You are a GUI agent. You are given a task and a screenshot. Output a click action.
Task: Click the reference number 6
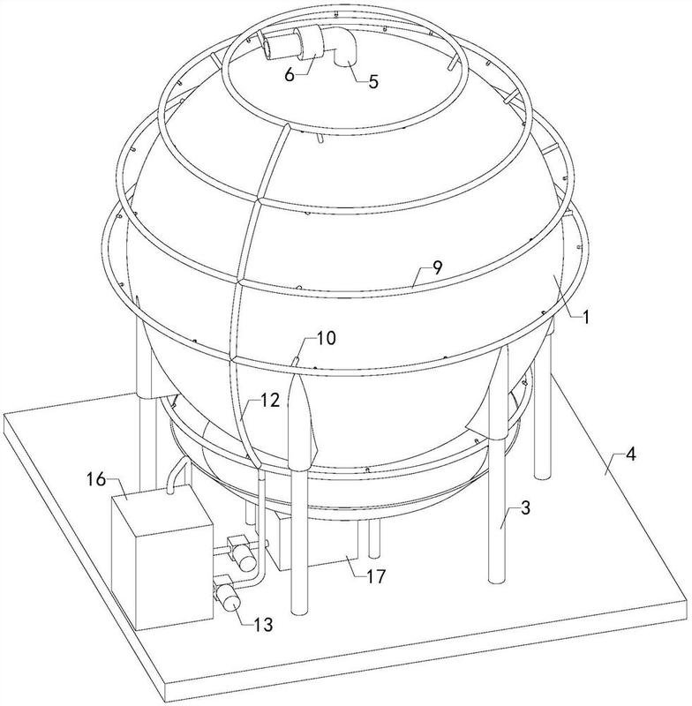290,74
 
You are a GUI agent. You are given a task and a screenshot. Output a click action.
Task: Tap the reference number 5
373,81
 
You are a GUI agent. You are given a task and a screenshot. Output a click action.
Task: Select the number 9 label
437,267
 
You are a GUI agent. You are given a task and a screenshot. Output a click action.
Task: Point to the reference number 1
585,317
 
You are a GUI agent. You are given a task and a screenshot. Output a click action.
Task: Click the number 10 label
325,338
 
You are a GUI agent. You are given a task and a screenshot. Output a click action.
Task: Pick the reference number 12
269,401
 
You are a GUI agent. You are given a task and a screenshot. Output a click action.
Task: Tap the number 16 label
96,479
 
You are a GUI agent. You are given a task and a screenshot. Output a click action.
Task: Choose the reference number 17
375,576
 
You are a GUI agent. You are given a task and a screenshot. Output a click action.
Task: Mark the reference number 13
262,625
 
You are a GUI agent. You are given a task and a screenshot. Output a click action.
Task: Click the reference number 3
525,508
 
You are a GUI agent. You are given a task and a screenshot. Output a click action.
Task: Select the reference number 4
631,454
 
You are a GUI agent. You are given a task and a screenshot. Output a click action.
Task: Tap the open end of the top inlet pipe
266,49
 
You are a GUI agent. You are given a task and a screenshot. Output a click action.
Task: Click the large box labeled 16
162,558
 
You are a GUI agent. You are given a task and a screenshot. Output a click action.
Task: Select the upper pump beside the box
241,553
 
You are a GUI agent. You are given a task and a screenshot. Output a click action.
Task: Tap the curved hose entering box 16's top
177,476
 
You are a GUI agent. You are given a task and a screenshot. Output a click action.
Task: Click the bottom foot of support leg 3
498,580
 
